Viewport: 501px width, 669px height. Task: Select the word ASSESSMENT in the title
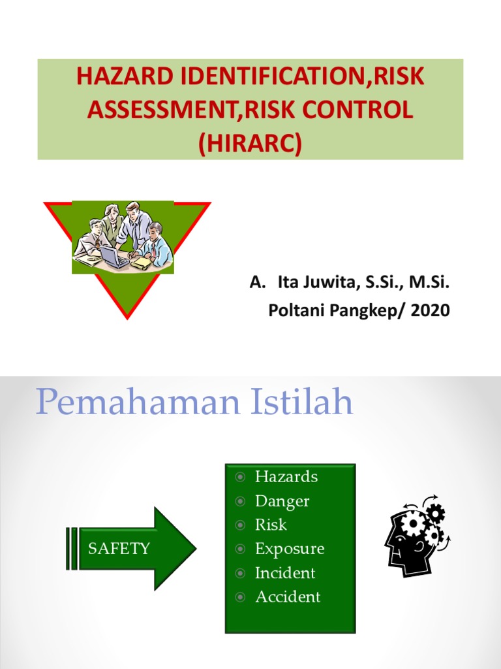(x=164, y=110)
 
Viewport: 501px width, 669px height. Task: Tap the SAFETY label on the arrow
(x=119, y=548)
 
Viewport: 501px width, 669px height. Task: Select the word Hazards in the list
(x=286, y=476)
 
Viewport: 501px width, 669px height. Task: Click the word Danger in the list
(x=282, y=501)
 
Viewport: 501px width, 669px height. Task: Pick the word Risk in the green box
(x=271, y=525)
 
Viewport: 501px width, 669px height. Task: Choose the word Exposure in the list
(x=290, y=549)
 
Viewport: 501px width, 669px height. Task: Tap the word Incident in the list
(x=285, y=573)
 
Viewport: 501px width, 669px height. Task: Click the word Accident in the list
(x=288, y=596)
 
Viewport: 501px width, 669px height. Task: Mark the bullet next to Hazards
(x=241, y=477)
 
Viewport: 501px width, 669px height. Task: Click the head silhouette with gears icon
(x=416, y=534)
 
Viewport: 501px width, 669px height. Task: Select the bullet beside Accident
(x=241, y=597)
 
